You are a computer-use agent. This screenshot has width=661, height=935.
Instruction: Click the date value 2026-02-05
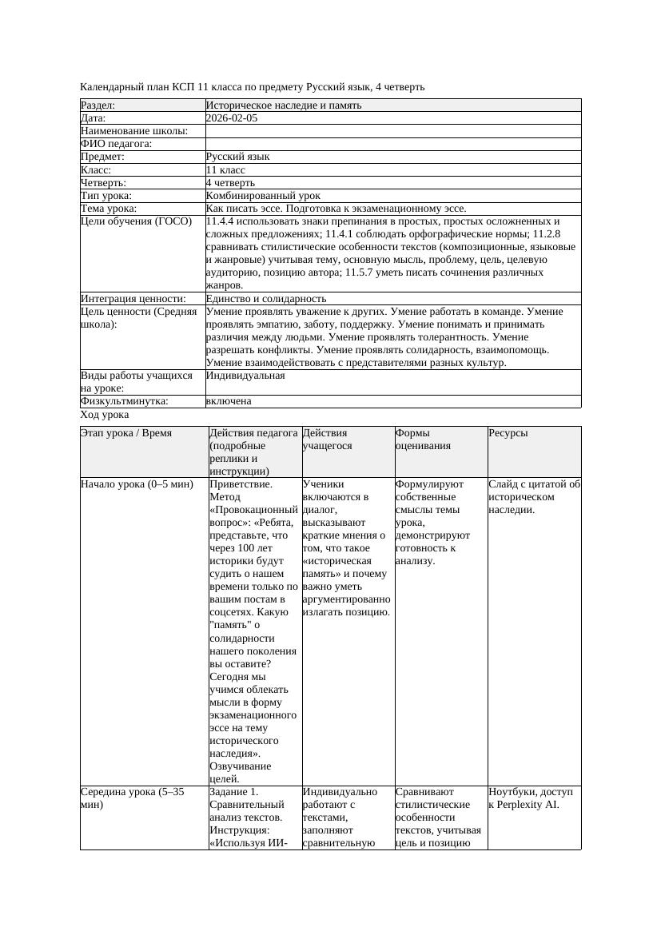232,118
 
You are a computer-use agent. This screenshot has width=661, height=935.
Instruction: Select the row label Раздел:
98,105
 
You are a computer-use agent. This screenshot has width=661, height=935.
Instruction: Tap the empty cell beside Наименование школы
392,131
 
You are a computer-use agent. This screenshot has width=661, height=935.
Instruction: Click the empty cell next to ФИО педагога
392,144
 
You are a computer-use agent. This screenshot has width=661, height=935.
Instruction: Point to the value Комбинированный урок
263,196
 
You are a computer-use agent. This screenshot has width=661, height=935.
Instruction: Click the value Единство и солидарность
261,299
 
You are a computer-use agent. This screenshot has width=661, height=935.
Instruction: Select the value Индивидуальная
245,376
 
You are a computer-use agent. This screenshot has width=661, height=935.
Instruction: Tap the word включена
229,402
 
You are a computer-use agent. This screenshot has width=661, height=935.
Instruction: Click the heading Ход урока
105,416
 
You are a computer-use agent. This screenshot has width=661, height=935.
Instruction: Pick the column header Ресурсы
509,433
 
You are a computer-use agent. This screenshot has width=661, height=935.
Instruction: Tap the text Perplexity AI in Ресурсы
529,805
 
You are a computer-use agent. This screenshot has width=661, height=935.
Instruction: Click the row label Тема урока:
109,209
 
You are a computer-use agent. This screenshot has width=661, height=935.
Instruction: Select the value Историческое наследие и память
284,105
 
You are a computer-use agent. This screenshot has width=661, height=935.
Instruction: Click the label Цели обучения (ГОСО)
137,221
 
